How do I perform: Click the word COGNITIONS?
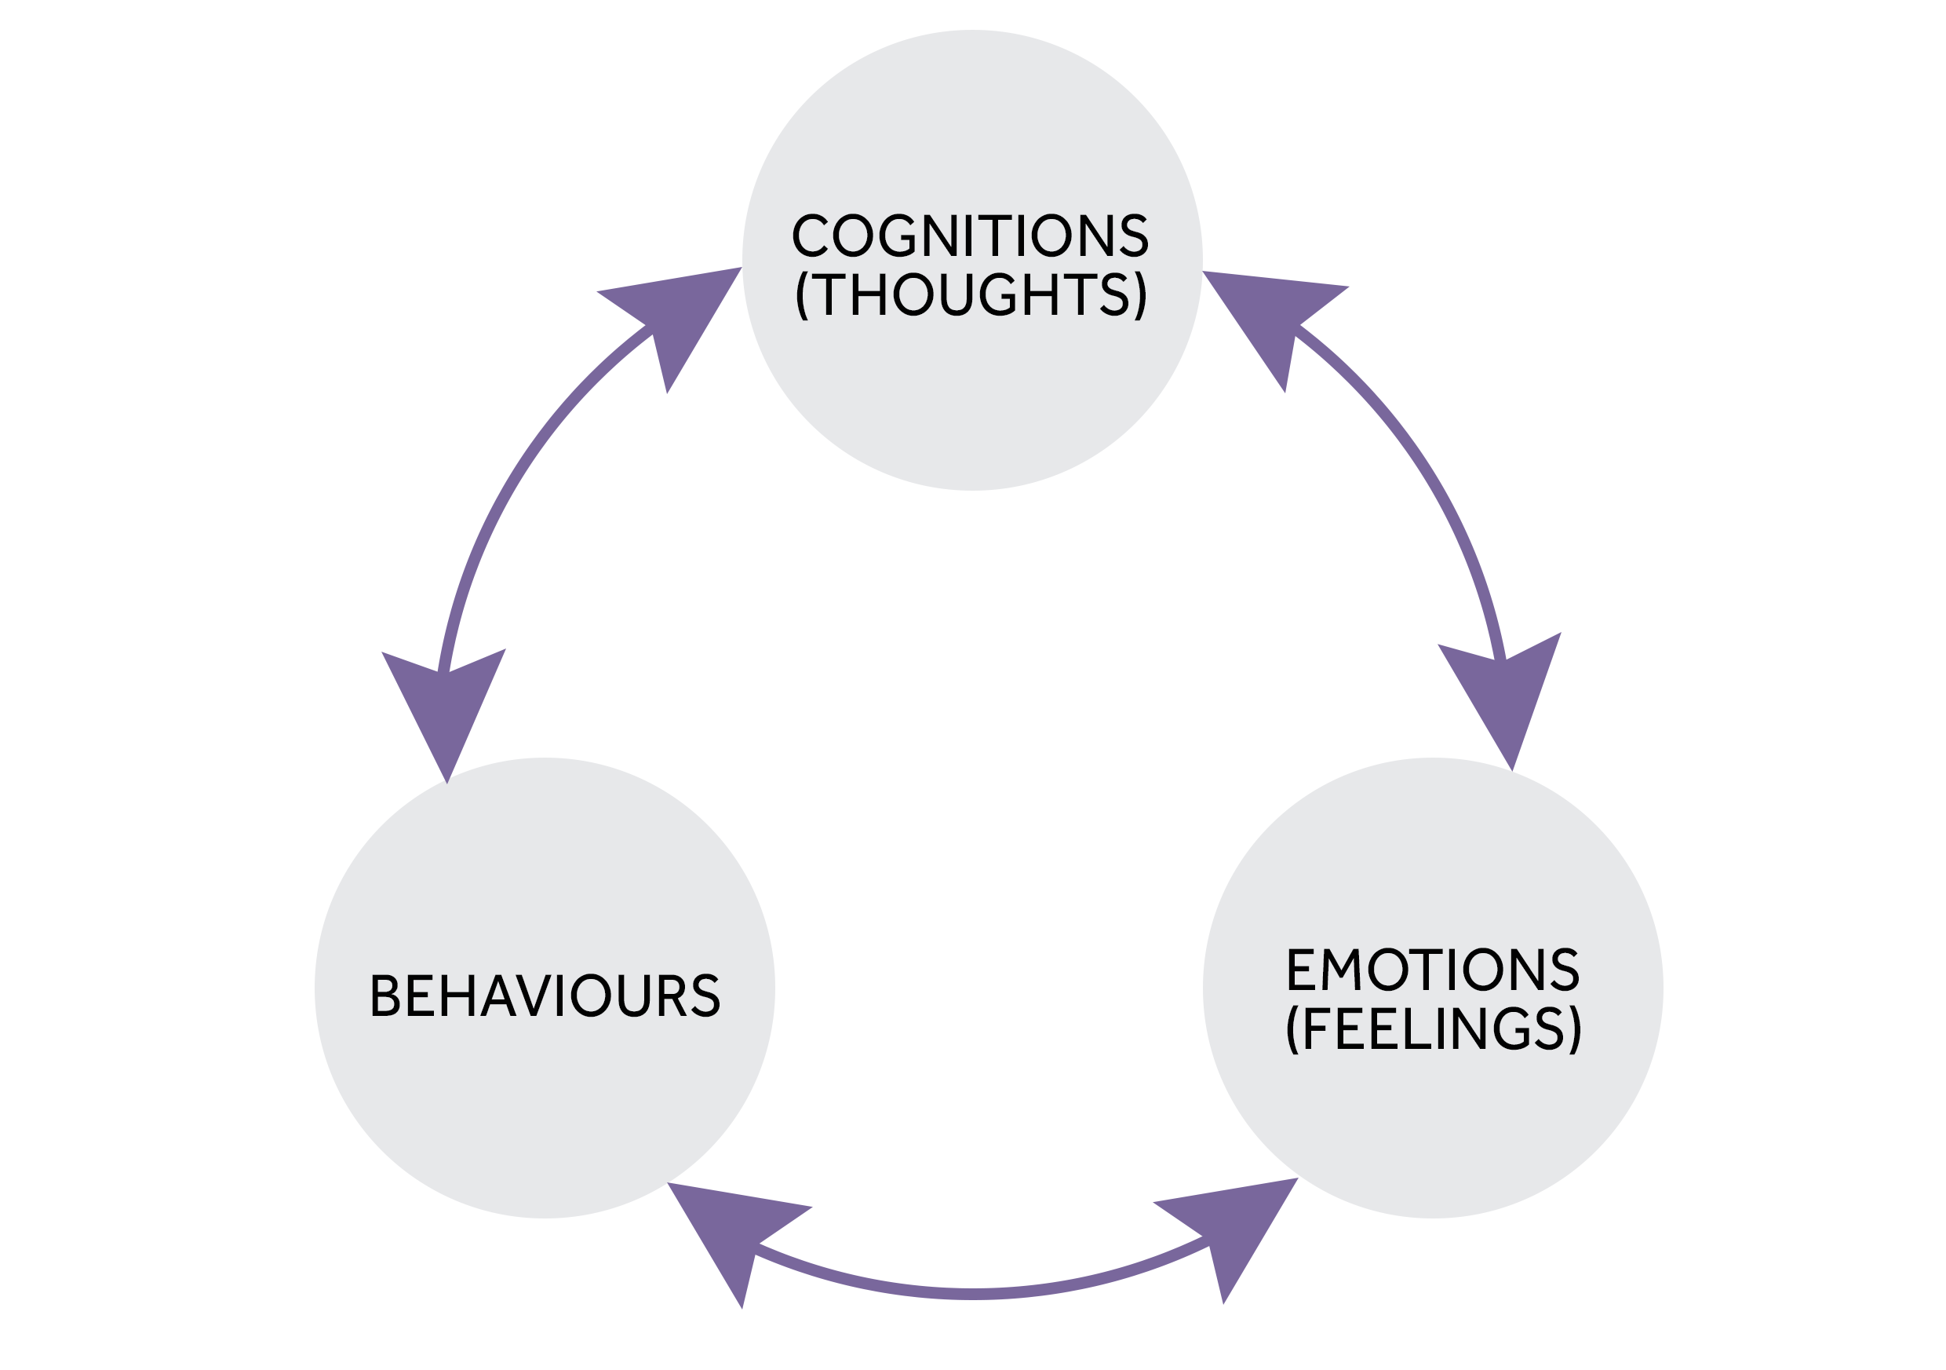[971, 235]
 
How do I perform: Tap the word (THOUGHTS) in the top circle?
[971, 294]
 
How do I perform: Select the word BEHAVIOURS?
[545, 996]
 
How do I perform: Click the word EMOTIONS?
[1432, 969]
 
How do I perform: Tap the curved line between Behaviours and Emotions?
[975, 1294]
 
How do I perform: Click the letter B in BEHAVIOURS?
[384, 996]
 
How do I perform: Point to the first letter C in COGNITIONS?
[810, 235]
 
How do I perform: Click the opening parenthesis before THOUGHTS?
[802, 295]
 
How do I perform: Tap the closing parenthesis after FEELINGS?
[1575, 1030]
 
